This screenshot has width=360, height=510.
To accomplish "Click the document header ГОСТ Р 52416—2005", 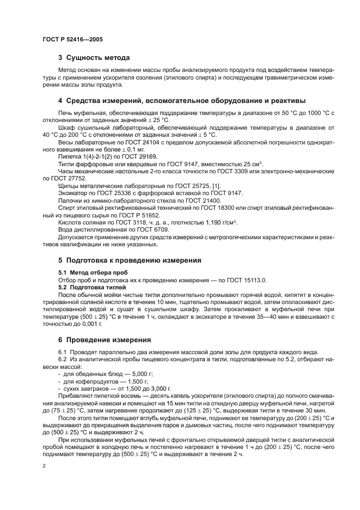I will click(x=72, y=40).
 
